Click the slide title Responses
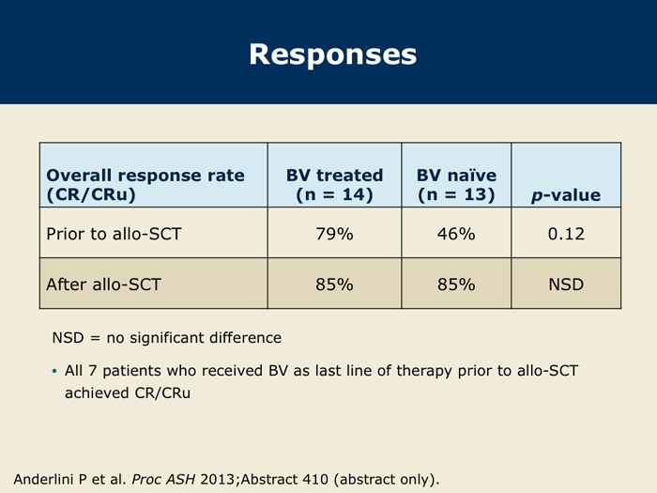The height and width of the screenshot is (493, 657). (x=333, y=54)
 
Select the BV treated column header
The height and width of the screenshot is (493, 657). (x=334, y=185)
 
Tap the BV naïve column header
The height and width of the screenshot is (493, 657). (x=456, y=185)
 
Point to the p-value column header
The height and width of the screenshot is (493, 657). (x=566, y=195)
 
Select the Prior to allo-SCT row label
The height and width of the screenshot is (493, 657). (x=114, y=234)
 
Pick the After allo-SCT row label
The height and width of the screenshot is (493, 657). (x=103, y=285)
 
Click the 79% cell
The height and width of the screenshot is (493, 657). (x=334, y=234)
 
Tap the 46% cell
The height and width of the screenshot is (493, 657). (x=456, y=234)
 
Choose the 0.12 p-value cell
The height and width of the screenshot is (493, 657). (x=566, y=234)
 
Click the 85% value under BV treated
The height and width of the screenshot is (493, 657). (x=334, y=285)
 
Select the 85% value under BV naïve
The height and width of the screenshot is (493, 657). (x=456, y=285)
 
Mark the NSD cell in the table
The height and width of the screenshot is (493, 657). (x=566, y=285)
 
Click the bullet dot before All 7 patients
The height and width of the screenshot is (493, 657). (x=54, y=371)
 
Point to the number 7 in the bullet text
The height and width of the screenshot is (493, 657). (x=93, y=371)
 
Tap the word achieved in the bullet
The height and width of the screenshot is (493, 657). (x=98, y=393)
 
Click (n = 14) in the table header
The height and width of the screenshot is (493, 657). (x=334, y=194)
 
